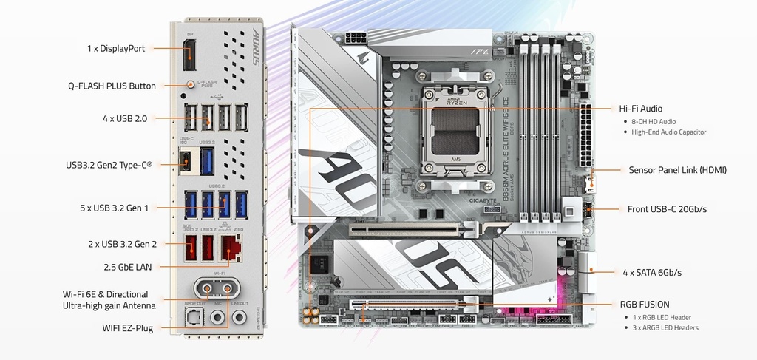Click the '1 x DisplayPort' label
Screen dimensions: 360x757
(x=115, y=49)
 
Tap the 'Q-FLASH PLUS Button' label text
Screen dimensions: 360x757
(x=112, y=86)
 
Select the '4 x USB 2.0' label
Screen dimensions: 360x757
(x=125, y=118)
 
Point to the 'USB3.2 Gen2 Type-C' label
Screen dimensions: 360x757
(x=109, y=165)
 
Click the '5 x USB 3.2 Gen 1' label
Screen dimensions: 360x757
(x=114, y=208)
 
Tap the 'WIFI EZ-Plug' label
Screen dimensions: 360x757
(x=127, y=327)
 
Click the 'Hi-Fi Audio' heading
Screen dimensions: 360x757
(x=640, y=109)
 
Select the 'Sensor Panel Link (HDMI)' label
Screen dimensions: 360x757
(x=677, y=170)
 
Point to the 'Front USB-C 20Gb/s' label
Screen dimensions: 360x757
(x=667, y=209)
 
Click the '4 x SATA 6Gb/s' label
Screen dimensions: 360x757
(x=651, y=273)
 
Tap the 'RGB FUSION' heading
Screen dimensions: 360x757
(x=644, y=304)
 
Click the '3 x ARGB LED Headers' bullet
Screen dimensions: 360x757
(x=665, y=327)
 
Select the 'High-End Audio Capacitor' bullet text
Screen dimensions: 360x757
(x=668, y=132)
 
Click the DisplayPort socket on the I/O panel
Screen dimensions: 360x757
(x=189, y=55)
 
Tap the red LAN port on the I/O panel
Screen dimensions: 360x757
(x=232, y=247)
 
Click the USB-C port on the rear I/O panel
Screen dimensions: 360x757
(x=187, y=160)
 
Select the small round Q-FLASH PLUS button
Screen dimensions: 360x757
(x=190, y=84)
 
